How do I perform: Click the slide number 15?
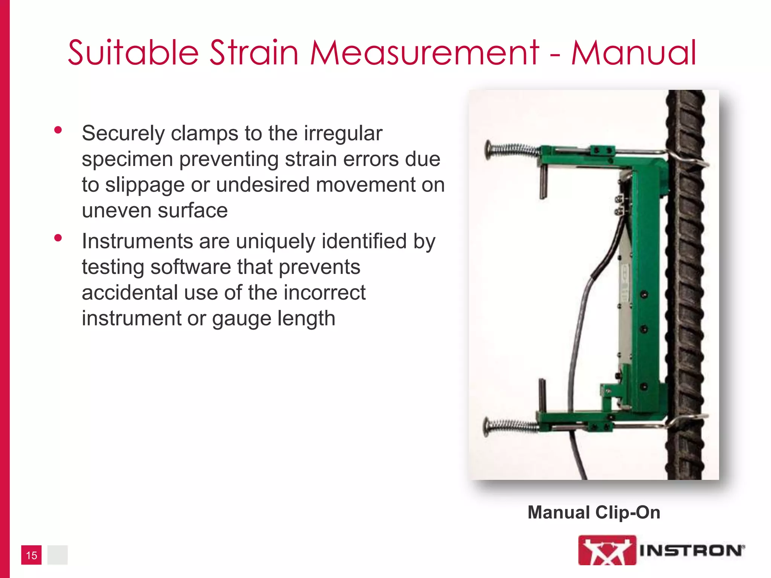[31, 555]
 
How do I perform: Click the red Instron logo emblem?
[606, 550]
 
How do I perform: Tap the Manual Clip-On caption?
[594, 513]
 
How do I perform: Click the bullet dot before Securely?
[58, 130]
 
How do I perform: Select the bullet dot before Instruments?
[58, 238]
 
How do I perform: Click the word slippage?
[145, 185]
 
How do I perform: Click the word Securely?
[123, 134]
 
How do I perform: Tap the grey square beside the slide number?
[57, 555]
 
